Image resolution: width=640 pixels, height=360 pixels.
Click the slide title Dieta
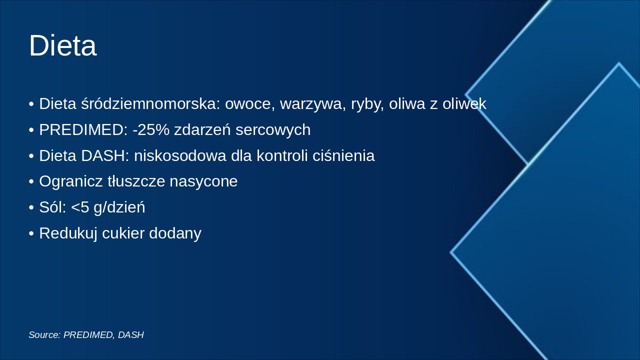[x=62, y=45]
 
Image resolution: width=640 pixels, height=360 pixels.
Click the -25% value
[x=151, y=130]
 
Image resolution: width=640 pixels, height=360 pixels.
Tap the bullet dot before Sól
[x=31, y=207]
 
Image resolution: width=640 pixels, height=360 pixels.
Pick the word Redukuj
[x=68, y=233]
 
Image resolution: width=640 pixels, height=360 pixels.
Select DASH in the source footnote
[x=131, y=335]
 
